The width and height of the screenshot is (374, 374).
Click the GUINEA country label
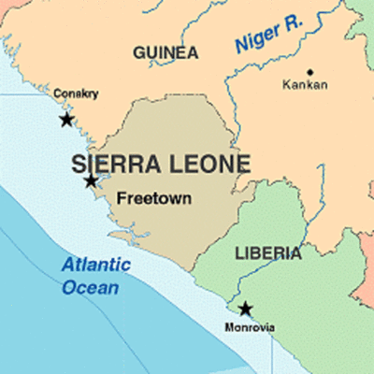(x=165, y=51)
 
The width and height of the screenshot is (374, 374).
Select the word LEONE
(x=209, y=165)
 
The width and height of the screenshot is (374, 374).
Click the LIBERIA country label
(x=268, y=253)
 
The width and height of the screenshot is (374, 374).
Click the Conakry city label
(x=76, y=93)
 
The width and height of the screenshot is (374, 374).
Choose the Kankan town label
(x=305, y=85)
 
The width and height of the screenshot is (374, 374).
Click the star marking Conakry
(x=66, y=120)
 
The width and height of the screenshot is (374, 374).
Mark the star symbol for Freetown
(x=91, y=180)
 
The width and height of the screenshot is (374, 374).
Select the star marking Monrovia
(x=245, y=309)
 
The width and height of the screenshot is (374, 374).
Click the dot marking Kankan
(x=309, y=71)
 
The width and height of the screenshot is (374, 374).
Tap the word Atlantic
(x=93, y=265)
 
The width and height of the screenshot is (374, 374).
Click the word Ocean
(x=91, y=287)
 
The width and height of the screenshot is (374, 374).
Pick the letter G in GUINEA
(x=139, y=51)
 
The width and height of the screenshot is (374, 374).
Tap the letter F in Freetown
(x=121, y=197)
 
